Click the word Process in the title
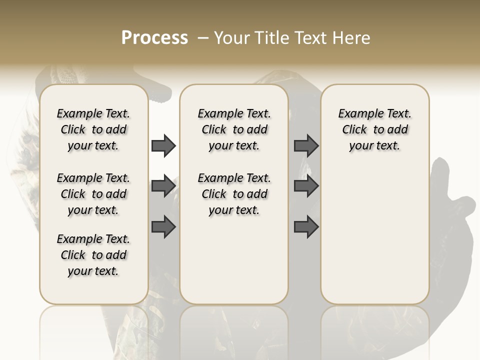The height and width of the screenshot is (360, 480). tap(154, 38)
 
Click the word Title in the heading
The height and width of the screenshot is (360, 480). tap(269, 38)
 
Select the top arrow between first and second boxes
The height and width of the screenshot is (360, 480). tap(163, 145)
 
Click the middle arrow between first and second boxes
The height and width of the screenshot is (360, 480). tap(163, 186)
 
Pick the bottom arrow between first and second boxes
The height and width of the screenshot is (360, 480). tap(163, 226)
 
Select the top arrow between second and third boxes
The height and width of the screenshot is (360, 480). tap(306, 145)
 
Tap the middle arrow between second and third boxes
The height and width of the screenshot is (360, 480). tap(306, 186)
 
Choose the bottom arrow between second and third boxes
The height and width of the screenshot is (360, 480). tap(306, 226)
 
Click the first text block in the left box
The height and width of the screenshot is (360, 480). tap(93, 129)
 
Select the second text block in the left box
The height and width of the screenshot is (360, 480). tap(93, 194)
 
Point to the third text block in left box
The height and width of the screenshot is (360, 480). tap(93, 255)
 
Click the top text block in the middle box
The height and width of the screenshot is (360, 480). tap(234, 129)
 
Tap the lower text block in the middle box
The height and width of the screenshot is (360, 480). tap(234, 194)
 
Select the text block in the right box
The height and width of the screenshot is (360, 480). tap(374, 129)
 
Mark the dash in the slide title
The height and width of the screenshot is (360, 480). tap(202, 38)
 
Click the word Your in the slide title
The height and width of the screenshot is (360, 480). tap(231, 38)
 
